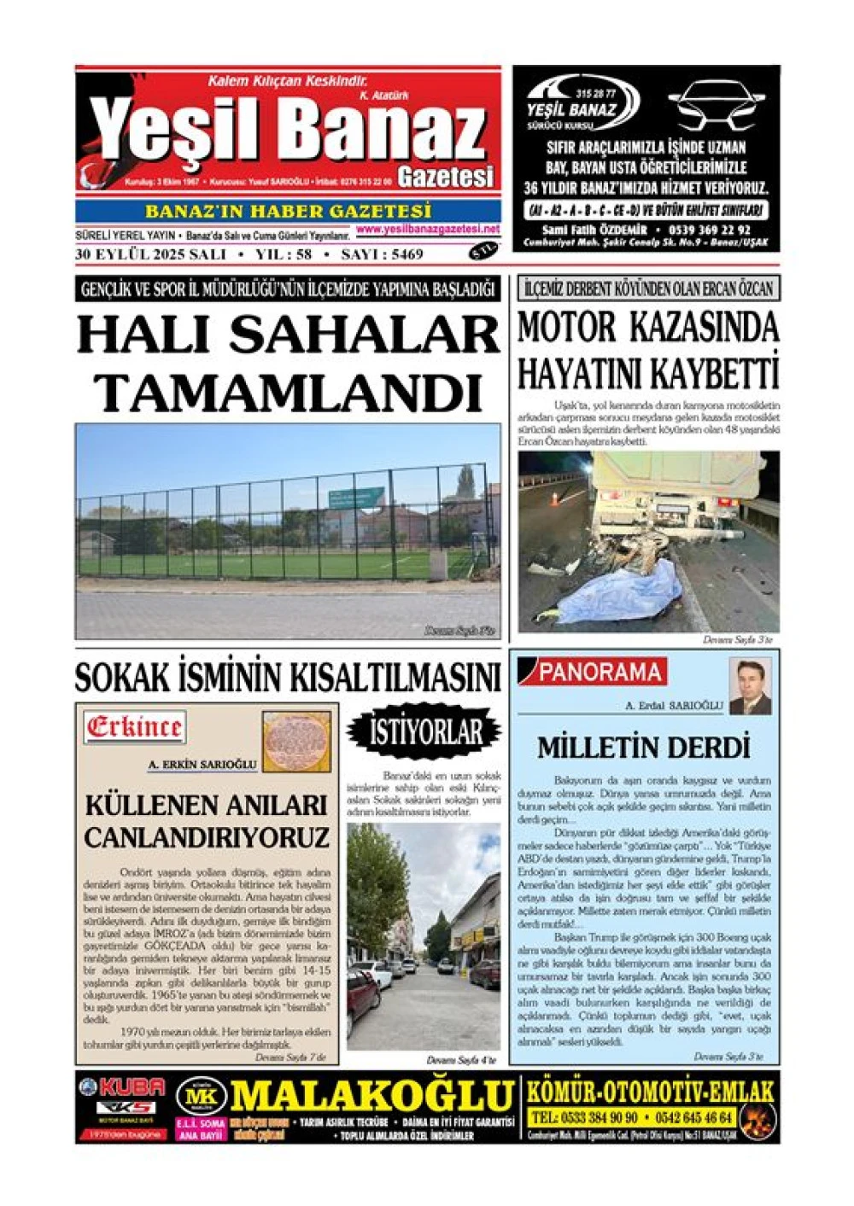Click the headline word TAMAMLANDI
click(x=289, y=393)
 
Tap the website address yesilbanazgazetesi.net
click(x=428, y=230)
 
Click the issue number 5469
click(x=404, y=253)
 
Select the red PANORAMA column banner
click(x=599, y=673)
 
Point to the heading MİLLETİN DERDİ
click(x=643, y=748)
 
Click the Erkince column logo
click(x=134, y=727)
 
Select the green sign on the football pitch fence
click(x=354, y=498)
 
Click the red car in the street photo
click(x=361, y=999)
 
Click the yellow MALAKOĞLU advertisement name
click(x=372, y=1096)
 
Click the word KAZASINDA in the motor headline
click(x=705, y=328)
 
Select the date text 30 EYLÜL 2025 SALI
click(x=150, y=253)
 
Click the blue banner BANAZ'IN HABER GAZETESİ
click(x=288, y=211)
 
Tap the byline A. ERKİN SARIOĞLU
click(x=202, y=765)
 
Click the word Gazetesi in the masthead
click(x=446, y=177)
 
